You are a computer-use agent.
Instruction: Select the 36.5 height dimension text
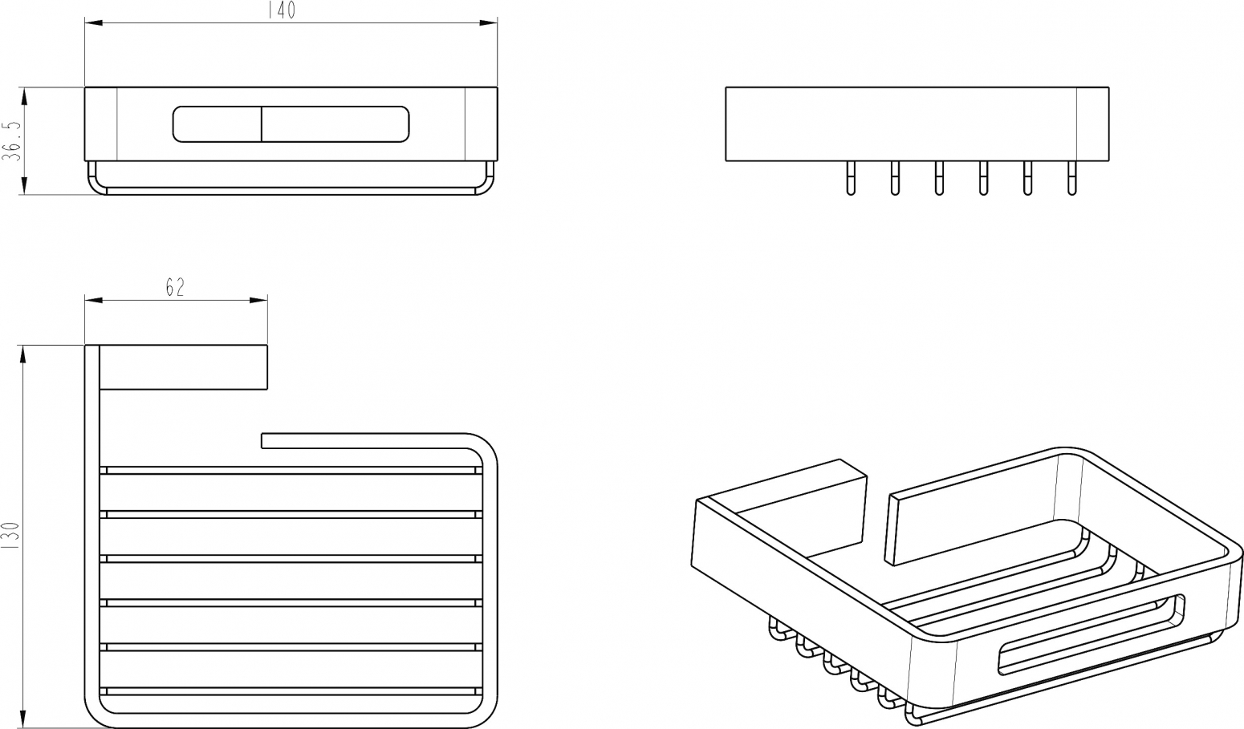pyautogui.click(x=12, y=141)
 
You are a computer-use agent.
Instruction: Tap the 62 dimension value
pyautogui.click(x=174, y=287)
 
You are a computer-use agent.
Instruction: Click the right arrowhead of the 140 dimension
pyautogui.click(x=489, y=22)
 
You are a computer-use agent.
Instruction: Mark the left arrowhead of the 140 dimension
pyautogui.click(x=94, y=22)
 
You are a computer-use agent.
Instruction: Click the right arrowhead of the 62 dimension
pyautogui.click(x=258, y=301)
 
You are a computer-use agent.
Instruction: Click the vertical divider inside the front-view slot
pyautogui.click(x=262, y=124)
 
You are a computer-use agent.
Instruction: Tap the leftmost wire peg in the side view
pyautogui.click(x=850, y=178)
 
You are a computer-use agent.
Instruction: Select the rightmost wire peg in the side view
pyautogui.click(x=1071, y=178)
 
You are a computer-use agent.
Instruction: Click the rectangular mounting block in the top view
pyautogui.click(x=184, y=367)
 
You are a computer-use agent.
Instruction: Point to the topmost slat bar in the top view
pyautogui.click(x=291, y=471)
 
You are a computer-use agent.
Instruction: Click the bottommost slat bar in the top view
pyautogui.click(x=291, y=691)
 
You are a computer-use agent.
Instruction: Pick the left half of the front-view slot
pyautogui.click(x=217, y=124)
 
